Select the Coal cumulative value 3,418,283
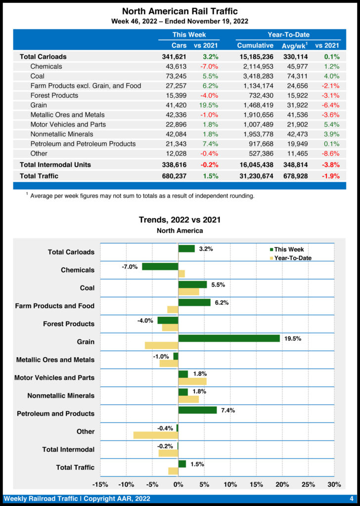(255, 76)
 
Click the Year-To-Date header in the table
(288, 35)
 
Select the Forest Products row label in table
(54, 95)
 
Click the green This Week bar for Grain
(229, 338)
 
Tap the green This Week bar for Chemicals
(160, 266)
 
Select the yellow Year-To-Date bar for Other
(155, 435)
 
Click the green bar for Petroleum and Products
(197, 410)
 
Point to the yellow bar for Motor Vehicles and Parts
(192, 381)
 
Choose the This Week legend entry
(289, 250)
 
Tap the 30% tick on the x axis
(334, 484)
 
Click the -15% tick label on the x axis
(100, 484)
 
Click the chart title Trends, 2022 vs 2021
(180, 220)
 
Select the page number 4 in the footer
(351, 499)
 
